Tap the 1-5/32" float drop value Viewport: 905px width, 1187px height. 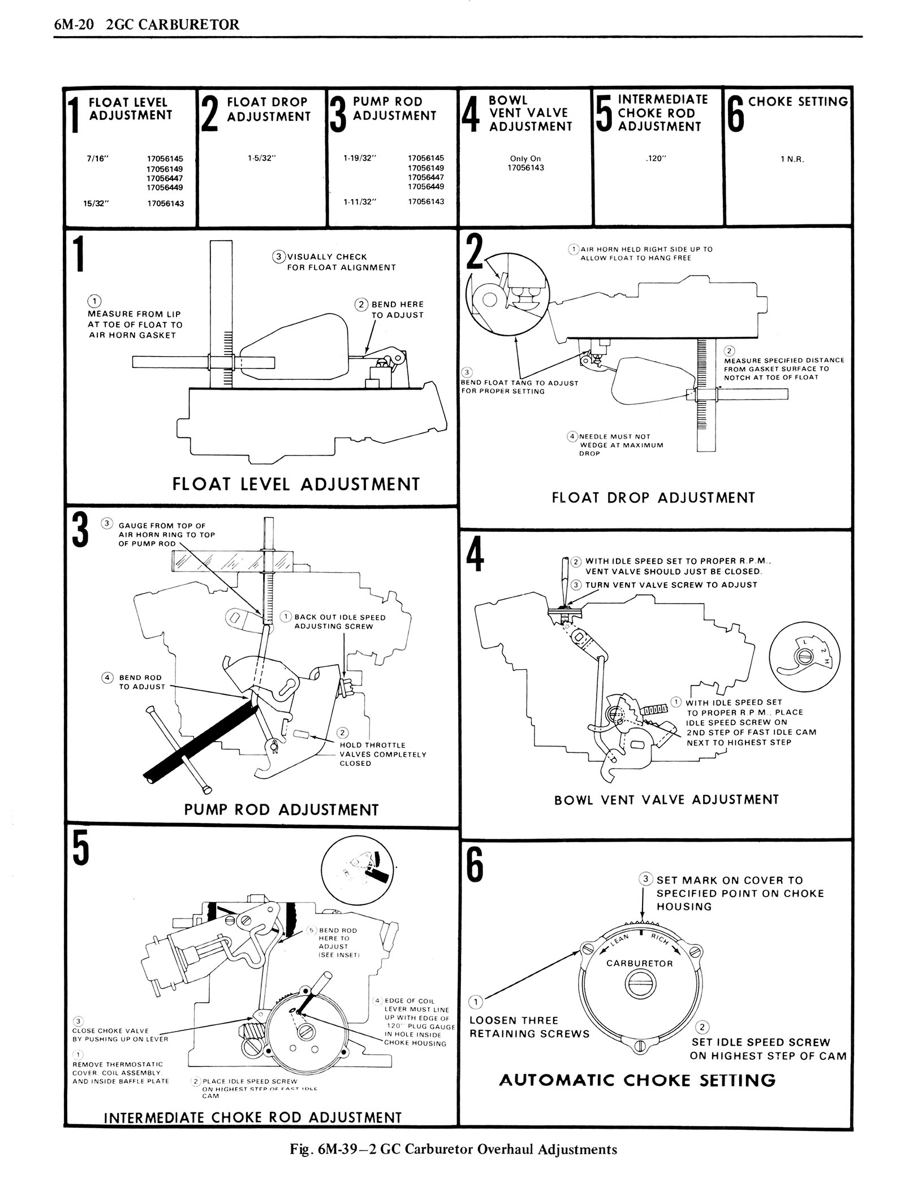click(261, 159)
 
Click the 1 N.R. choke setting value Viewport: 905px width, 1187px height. click(792, 159)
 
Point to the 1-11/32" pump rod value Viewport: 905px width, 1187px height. click(360, 202)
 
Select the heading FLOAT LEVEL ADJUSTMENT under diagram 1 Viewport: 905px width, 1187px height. click(296, 484)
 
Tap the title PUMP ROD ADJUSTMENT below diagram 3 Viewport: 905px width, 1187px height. click(281, 810)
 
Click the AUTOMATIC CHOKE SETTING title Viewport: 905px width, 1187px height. click(637, 1081)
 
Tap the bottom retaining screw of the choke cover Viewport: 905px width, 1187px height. click(639, 1046)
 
